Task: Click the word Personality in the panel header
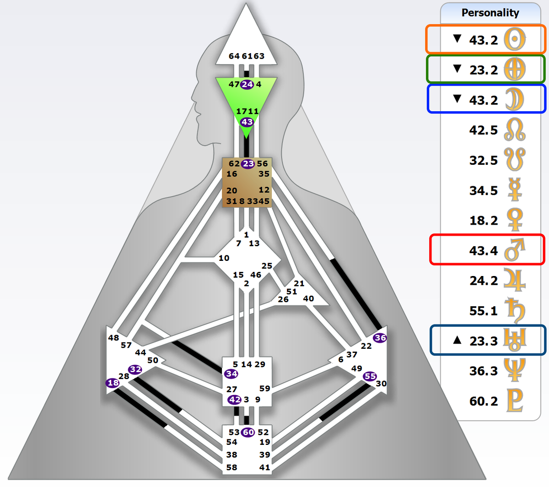pos(490,13)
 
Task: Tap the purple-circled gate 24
pos(248,85)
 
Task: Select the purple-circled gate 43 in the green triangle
pos(247,122)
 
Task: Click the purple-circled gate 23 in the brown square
pos(248,164)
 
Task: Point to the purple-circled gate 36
pos(380,338)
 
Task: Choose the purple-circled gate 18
pos(113,383)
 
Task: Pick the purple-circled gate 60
pos(248,432)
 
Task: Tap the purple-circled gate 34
pos(231,374)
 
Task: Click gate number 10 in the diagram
pos(224,258)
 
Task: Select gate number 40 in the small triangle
pos(308,298)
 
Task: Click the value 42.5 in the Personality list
pos(484,130)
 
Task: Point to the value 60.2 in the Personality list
pos(484,401)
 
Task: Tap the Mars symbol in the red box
pos(515,250)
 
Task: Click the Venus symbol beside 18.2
pos(515,220)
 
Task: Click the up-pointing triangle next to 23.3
pos(457,340)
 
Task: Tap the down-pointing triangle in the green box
pos(457,69)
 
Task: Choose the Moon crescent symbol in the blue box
pos(515,99)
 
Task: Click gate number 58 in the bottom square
pos(231,467)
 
